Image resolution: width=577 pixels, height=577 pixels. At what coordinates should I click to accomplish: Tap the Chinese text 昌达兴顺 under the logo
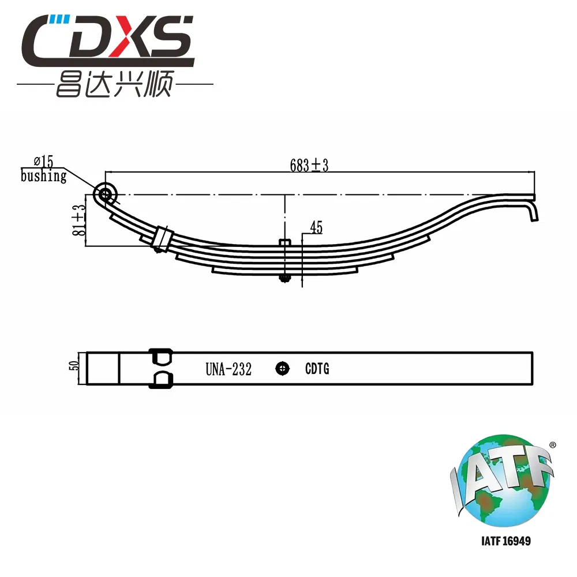pyautogui.click(x=115, y=84)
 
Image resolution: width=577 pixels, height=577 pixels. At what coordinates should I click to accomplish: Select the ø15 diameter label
pyautogui.click(x=43, y=161)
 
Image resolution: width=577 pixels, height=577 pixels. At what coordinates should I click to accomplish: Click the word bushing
pyautogui.click(x=43, y=176)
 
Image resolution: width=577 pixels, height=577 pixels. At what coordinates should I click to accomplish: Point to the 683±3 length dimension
pyautogui.click(x=309, y=165)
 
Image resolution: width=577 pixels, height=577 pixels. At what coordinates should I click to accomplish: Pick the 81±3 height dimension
pyautogui.click(x=79, y=220)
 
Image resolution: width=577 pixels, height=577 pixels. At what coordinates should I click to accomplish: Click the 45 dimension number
pyautogui.click(x=316, y=227)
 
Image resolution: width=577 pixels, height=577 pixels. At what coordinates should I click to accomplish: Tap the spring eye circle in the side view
pyautogui.click(x=105, y=193)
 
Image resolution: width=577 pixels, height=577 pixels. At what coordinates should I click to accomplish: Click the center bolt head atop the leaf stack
pyautogui.click(x=285, y=242)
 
